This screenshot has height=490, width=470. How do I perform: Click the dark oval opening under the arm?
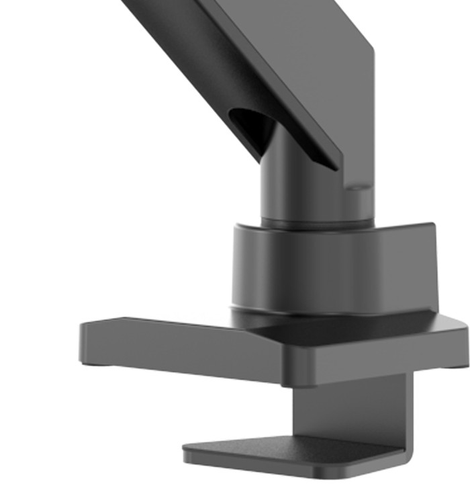(250, 126)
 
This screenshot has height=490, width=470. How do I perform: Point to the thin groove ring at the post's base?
(316, 222)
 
